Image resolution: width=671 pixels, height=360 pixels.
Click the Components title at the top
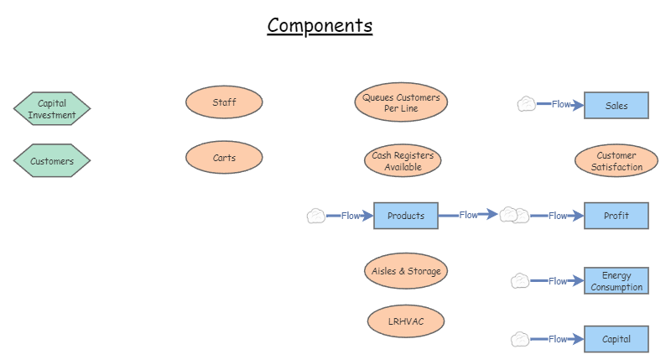(x=320, y=25)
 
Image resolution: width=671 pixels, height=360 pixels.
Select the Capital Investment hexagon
(x=52, y=109)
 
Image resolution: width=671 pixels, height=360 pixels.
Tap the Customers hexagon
(x=52, y=161)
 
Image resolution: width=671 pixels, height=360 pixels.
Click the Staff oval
(x=224, y=102)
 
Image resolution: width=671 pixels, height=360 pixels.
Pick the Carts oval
(x=224, y=158)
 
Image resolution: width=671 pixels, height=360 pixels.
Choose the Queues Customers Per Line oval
(x=401, y=103)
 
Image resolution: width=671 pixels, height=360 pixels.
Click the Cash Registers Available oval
(x=403, y=161)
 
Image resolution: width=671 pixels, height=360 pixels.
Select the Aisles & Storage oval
(x=406, y=271)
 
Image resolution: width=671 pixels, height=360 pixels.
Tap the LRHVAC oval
(x=406, y=321)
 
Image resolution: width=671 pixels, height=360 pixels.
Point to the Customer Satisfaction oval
(x=616, y=161)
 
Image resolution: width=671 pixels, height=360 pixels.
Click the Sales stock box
(x=616, y=106)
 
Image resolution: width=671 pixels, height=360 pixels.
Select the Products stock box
(x=405, y=216)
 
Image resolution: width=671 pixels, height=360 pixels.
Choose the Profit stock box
(x=616, y=216)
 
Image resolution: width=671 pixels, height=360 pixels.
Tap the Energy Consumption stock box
(x=616, y=281)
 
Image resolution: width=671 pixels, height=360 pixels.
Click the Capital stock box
(x=616, y=339)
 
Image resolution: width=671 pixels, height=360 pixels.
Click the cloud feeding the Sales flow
(x=526, y=104)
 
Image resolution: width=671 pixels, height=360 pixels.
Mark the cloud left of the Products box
(x=315, y=216)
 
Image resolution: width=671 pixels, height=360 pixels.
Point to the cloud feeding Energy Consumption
(x=520, y=281)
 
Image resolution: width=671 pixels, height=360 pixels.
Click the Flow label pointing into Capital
(x=558, y=339)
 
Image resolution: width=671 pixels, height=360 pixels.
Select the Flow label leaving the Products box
(x=469, y=215)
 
